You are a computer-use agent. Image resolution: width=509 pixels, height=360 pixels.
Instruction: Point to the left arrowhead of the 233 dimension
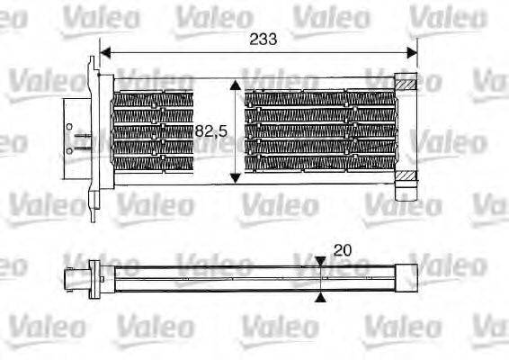[103, 51]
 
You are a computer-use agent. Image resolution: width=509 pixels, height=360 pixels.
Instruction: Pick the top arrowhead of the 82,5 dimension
[236, 85]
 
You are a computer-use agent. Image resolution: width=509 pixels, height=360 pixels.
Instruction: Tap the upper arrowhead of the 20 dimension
[322, 263]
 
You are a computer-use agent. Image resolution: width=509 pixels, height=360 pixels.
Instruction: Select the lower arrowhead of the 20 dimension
[322, 297]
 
